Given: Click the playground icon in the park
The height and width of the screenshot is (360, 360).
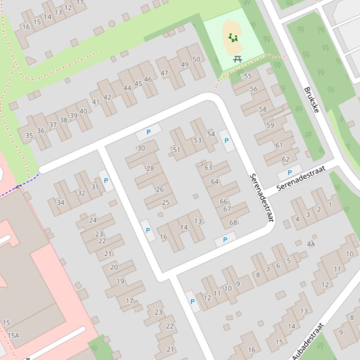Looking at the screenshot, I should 233,37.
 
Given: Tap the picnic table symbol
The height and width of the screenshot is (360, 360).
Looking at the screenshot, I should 238,59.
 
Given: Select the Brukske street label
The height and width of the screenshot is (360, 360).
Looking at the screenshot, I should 311,100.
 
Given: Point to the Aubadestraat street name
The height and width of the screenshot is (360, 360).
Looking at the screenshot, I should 308,341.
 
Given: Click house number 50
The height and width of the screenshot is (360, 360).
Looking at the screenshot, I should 196,59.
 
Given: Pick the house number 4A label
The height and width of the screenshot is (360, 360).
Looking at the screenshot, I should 311,244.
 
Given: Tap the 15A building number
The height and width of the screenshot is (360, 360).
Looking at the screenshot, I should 14,335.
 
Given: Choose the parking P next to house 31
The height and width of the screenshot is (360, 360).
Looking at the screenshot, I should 106,180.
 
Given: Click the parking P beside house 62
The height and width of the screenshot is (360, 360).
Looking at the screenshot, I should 289,173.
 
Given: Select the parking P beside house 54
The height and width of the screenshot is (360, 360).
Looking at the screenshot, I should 227,141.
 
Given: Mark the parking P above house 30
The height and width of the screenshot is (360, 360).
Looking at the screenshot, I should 149,132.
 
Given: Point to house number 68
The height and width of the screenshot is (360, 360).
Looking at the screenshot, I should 233,222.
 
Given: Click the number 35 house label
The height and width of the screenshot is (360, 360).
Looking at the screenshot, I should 29,136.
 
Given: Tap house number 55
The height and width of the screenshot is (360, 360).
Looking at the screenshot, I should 248,76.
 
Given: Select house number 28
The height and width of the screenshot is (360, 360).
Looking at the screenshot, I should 150,168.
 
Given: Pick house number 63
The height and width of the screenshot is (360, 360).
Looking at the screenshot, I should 208,167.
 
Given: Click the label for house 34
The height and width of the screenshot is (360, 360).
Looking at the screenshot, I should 60,202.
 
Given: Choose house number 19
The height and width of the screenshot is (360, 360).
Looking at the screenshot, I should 121,281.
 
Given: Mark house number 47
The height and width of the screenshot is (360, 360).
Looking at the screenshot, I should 164,73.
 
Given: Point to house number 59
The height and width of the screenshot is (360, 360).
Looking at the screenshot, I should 270,125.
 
